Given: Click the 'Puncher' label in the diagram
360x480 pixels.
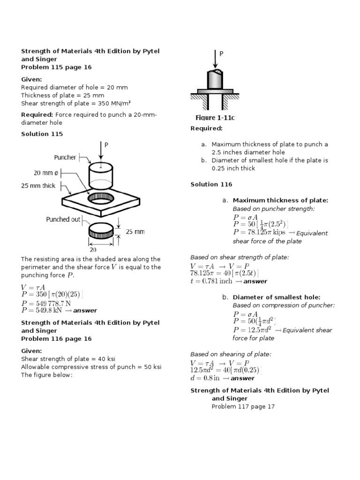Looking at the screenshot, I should tap(65, 157).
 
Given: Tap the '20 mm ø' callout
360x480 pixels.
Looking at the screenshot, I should tap(46, 172).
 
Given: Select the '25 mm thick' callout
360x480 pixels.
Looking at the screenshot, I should tap(38, 186).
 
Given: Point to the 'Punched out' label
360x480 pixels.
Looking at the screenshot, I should tap(63, 219).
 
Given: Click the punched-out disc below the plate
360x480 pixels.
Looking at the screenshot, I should tap(101, 231).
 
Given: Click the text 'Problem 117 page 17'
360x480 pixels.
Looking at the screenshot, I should tap(243, 406).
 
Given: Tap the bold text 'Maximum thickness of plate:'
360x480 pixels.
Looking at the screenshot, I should tap(280, 201).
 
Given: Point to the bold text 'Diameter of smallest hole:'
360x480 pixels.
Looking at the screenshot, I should tap(277, 297).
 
